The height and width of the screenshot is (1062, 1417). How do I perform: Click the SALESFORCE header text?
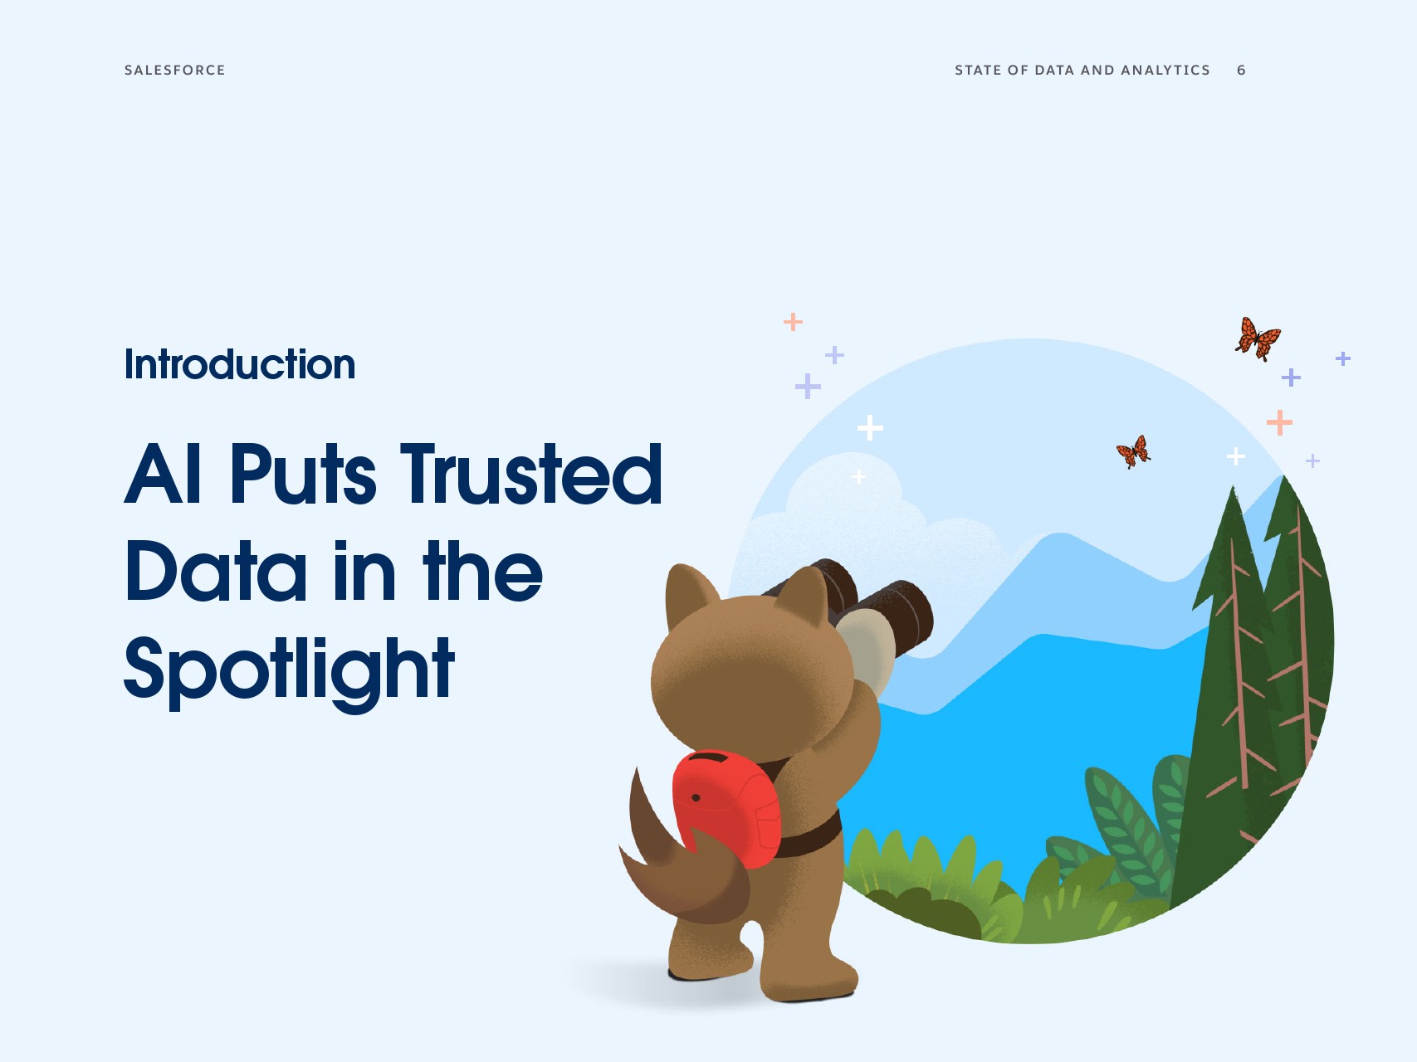tap(174, 71)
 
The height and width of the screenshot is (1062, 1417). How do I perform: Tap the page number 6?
tap(1241, 71)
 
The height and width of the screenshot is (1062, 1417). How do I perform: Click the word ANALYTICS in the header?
tap(1165, 71)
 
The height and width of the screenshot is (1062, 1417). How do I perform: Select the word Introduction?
tap(240, 364)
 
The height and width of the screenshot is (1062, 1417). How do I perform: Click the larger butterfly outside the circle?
tap(1258, 339)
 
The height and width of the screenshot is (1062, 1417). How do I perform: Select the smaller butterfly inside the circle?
tap(1134, 452)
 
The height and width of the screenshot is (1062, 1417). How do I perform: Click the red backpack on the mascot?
tap(726, 808)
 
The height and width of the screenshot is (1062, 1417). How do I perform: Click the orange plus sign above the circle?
tap(793, 321)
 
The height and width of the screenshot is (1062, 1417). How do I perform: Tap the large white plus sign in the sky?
tap(870, 428)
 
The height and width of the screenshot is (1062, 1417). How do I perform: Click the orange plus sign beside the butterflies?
tap(1279, 422)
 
